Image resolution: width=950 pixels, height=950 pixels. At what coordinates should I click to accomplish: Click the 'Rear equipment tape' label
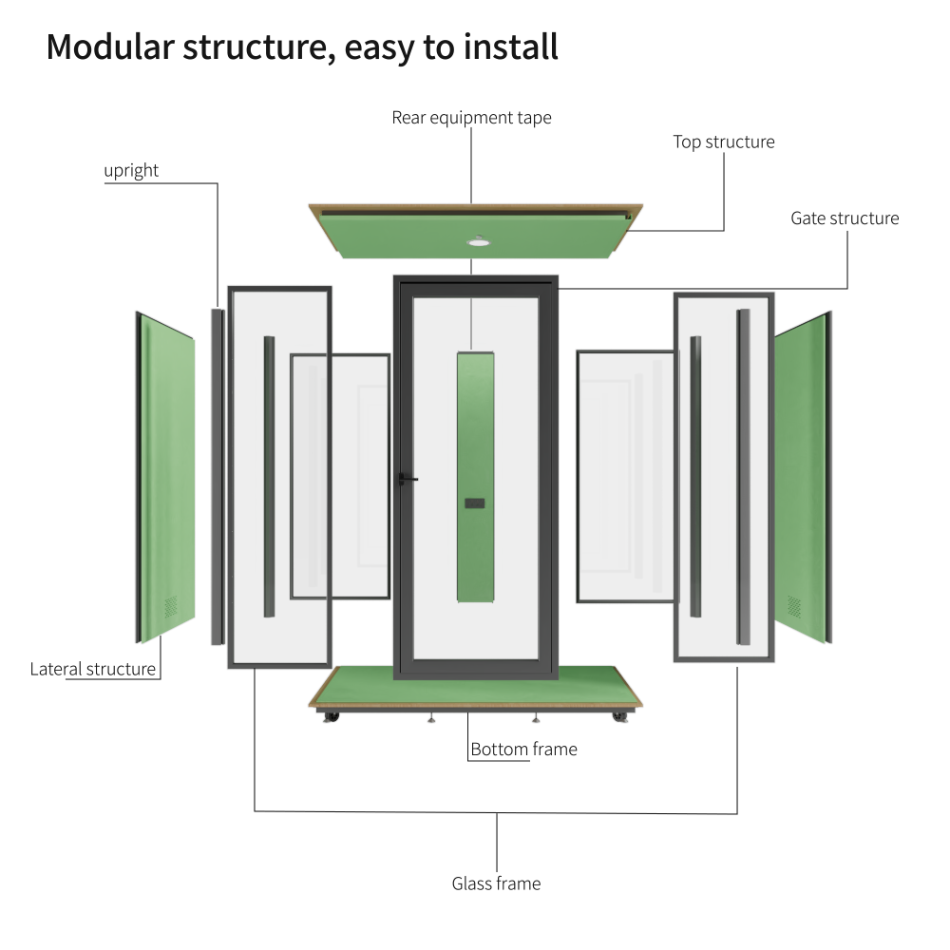coord(471,118)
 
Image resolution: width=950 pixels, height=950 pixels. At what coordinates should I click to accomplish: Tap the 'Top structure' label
coord(724,142)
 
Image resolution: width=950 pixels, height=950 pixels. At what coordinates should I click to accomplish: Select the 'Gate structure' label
coord(845,218)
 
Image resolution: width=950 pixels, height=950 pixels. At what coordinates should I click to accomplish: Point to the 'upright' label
coord(131,171)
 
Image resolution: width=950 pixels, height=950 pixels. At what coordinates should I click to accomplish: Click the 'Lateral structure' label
coord(92,669)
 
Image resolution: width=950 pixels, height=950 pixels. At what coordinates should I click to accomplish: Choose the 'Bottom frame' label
coord(523,750)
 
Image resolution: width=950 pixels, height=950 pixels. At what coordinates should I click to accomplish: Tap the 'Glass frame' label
coord(496,883)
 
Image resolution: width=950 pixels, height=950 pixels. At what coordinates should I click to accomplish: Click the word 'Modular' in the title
coord(109,46)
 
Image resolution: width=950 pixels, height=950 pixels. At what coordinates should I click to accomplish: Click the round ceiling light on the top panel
coord(475,241)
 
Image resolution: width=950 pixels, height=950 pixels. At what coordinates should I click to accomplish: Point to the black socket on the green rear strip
coord(475,503)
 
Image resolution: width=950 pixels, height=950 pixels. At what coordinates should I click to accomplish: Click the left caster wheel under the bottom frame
coord(331,716)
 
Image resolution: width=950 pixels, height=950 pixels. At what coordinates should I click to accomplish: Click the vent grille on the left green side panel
coord(170,606)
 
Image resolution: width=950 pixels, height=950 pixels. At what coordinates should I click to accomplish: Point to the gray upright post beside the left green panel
coord(217,475)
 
